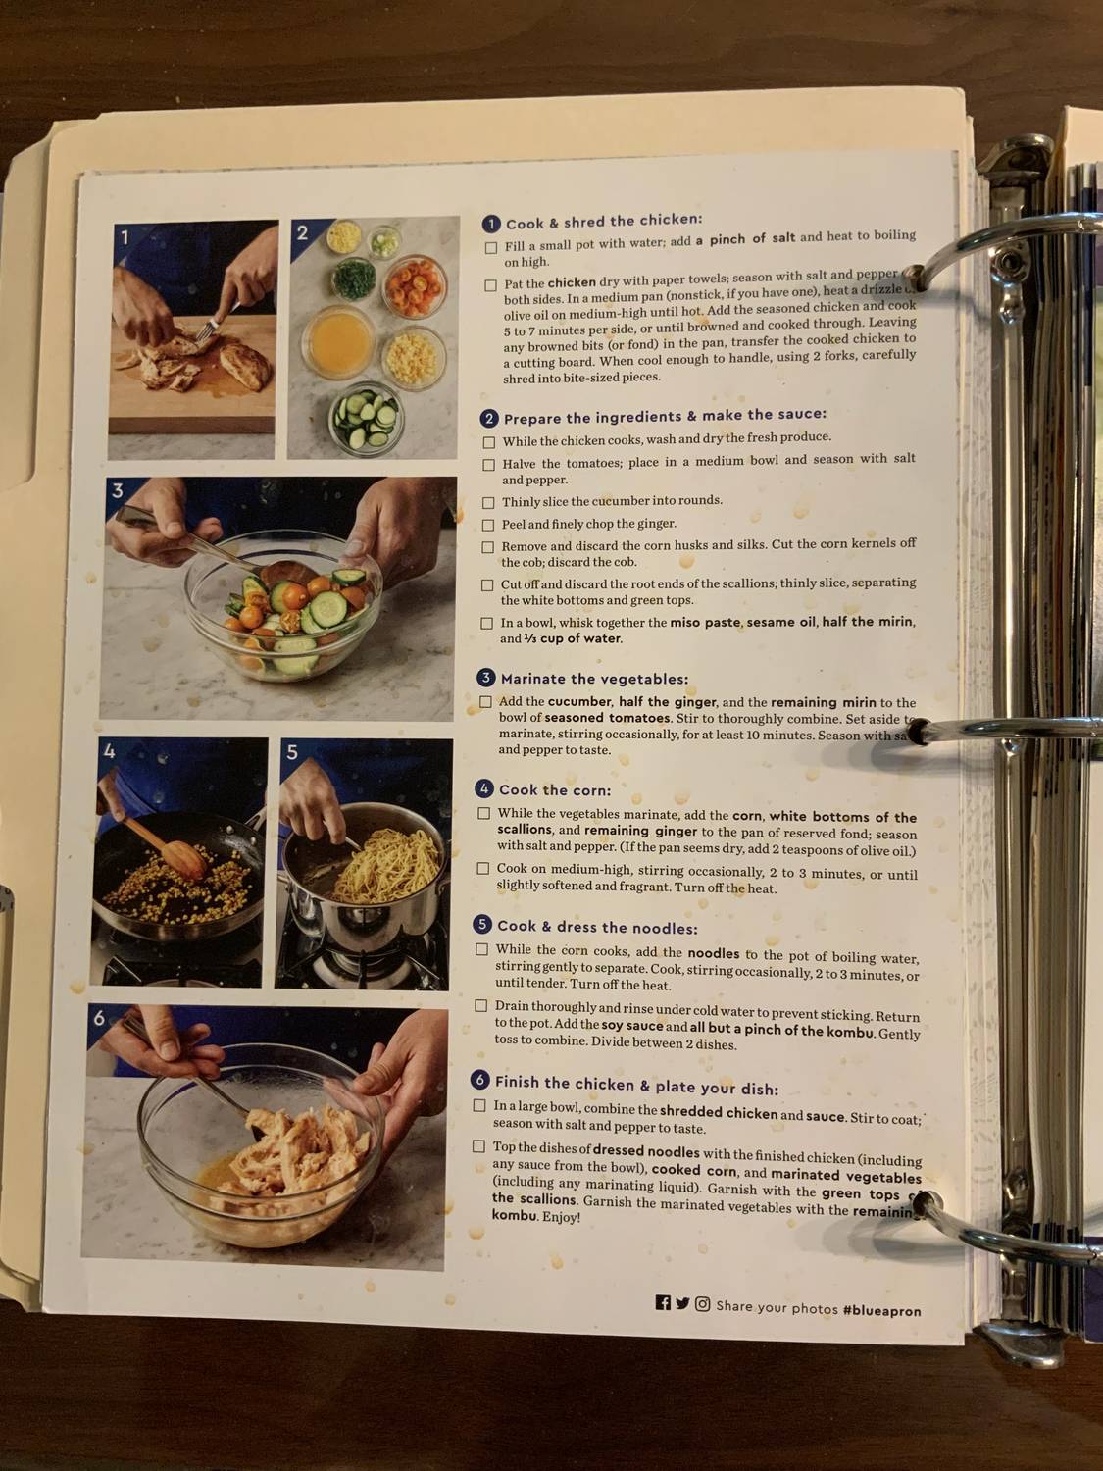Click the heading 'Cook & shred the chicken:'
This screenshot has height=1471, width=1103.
pyautogui.click(x=603, y=222)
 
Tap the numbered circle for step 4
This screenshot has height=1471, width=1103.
pyautogui.click(x=483, y=788)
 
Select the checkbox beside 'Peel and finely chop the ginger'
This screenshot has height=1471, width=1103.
pyautogui.click(x=487, y=525)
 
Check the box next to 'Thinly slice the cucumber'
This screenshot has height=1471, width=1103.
pyautogui.click(x=487, y=502)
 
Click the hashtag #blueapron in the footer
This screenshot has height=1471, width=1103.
pyautogui.click(x=881, y=1310)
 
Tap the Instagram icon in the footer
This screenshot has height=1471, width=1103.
pyautogui.click(x=702, y=1304)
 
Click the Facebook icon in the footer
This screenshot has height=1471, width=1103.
pyautogui.click(x=663, y=1303)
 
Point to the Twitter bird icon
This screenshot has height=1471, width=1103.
pyautogui.click(x=682, y=1303)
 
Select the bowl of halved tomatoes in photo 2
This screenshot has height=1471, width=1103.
pyautogui.click(x=414, y=284)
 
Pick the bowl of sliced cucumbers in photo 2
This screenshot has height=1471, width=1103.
pyautogui.click(x=365, y=420)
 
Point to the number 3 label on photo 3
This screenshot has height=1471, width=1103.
pyautogui.click(x=118, y=491)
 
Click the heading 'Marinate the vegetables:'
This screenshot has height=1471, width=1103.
pyautogui.click(x=594, y=679)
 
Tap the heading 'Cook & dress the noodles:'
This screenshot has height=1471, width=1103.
pyautogui.click(x=597, y=927)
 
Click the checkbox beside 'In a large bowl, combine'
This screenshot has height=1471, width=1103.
pyautogui.click(x=479, y=1105)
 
